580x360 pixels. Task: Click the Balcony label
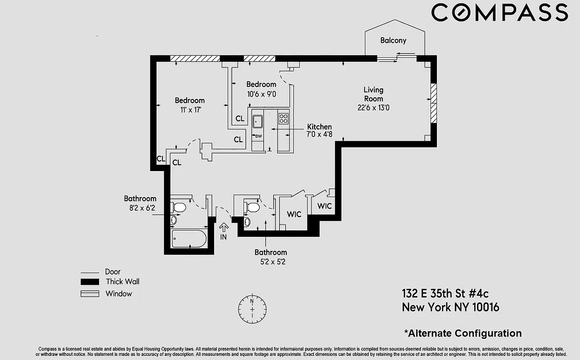(x=393, y=40)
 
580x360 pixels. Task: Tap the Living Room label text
(x=373, y=94)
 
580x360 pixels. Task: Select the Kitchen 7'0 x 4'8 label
(x=319, y=130)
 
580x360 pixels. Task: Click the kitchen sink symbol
(x=258, y=121)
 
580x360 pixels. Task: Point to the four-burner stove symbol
(x=283, y=119)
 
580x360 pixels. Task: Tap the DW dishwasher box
(x=258, y=136)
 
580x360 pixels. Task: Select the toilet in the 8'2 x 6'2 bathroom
(x=179, y=207)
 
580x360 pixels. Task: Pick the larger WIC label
(x=294, y=214)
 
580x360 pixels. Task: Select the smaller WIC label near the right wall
(x=324, y=206)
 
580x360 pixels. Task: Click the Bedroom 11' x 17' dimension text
(x=189, y=109)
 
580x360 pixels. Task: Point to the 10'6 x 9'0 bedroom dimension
(x=261, y=94)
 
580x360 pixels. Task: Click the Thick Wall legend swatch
(x=90, y=282)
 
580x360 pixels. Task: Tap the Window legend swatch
(x=90, y=294)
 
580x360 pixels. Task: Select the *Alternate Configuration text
(x=463, y=333)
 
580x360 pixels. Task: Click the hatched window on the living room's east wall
(x=433, y=103)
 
